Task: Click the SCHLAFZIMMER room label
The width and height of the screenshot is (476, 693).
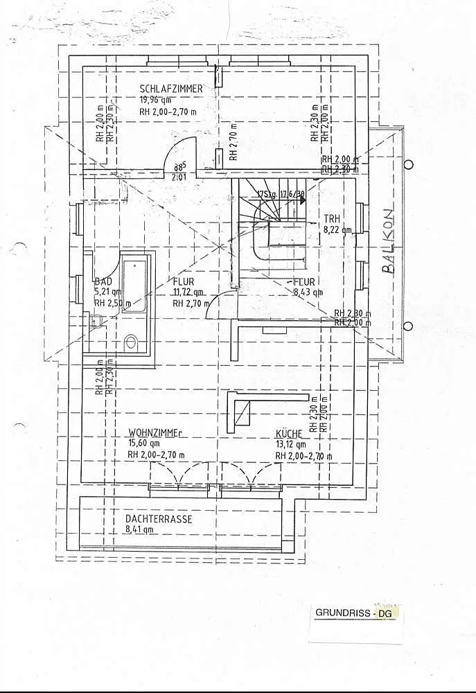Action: click(170, 89)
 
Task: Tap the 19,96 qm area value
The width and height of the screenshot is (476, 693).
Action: click(156, 100)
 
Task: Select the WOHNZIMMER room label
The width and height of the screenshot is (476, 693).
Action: click(154, 433)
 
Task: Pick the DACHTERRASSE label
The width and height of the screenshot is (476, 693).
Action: click(159, 518)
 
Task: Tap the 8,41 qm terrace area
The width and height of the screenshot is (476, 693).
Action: click(139, 529)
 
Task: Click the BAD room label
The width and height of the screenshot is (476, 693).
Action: click(103, 282)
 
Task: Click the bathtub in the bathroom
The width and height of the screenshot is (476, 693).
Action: click(134, 286)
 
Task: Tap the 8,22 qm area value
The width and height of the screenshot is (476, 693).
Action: click(337, 229)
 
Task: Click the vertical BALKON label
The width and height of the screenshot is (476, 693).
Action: click(388, 242)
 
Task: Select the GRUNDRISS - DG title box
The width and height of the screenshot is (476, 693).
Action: click(356, 613)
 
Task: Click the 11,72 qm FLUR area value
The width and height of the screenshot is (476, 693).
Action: click(188, 292)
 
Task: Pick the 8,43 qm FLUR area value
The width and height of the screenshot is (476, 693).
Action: click(308, 292)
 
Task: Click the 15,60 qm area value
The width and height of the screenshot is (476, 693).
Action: click(143, 444)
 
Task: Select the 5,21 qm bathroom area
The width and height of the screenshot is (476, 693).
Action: click(108, 292)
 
